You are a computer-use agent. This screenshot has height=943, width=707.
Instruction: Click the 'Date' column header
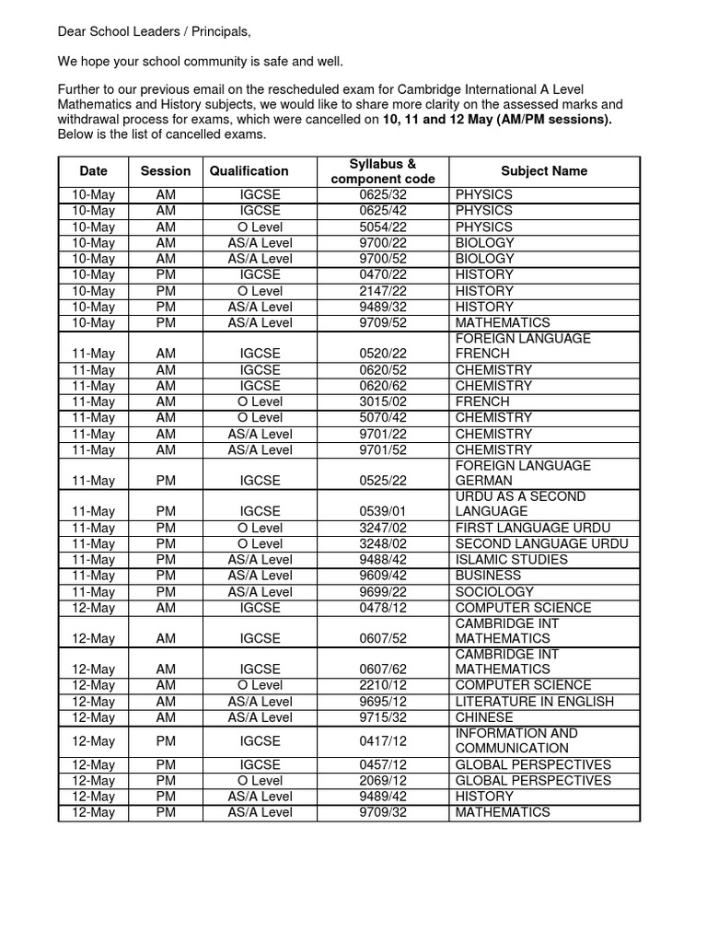pos(93,170)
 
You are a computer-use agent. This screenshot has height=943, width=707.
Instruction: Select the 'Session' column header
pos(166,170)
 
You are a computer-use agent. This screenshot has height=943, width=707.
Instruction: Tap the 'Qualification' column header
pos(249,170)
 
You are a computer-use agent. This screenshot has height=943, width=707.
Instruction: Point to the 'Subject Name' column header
pos(543,170)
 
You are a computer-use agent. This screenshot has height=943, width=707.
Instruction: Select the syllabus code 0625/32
pos(384,194)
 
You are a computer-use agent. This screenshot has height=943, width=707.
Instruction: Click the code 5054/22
pos(384,227)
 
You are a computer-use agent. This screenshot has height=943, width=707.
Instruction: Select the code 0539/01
pos(384,511)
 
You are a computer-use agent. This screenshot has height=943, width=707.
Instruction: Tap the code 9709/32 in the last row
pos(384,812)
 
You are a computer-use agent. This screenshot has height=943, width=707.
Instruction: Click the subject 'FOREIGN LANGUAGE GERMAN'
pos(523,473)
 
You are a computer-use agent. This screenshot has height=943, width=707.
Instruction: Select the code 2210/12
pos(384,685)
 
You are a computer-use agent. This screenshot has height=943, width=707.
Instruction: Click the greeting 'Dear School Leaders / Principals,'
pos(154,32)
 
